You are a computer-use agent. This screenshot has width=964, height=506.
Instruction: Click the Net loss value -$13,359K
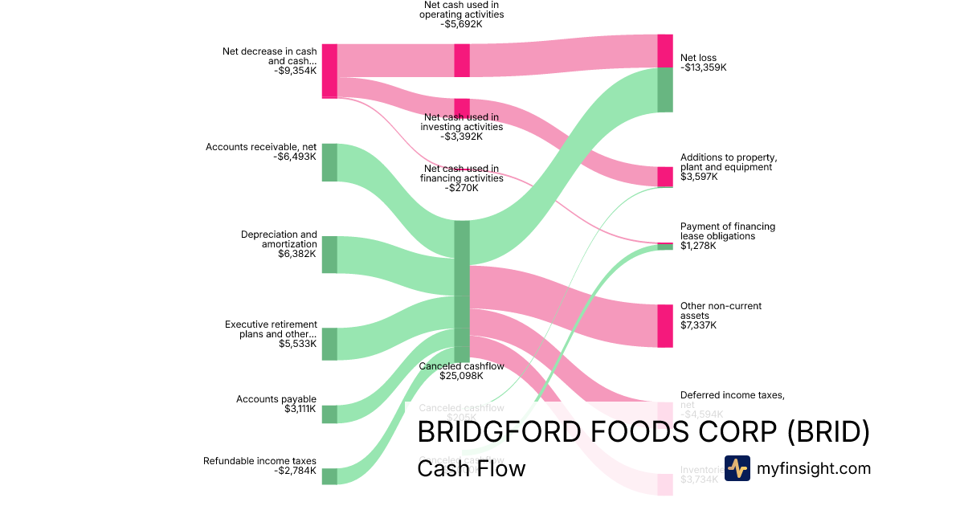pyautogui.click(x=704, y=67)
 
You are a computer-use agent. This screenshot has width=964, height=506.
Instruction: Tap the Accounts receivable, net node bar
pyautogui.click(x=329, y=162)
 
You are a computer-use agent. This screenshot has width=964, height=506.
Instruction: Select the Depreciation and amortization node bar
pyautogui.click(x=329, y=255)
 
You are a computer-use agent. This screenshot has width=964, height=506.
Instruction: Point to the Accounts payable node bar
pyautogui.click(x=329, y=414)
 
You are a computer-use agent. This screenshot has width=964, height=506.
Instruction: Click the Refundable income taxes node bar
pyautogui.click(x=329, y=476)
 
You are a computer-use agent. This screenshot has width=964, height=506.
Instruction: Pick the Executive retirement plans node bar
pyautogui.click(x=329, y=344)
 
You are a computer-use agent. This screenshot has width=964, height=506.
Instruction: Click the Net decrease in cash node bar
pyautogui.click(x=329, y=71)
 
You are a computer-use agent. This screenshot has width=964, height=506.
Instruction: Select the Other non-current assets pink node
pyautogui.click(x=665, y=325)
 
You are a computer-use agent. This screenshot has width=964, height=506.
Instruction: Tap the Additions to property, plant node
pyautogui.click(x=665, y=177)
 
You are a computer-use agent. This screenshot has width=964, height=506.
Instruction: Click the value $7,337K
pyautogui.click(x=699, y=325)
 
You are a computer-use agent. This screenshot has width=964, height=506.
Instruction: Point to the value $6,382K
pyautogui.click(x=297, y=254)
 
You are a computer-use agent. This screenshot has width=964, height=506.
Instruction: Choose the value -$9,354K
pyautogui.click(x=295, y=71)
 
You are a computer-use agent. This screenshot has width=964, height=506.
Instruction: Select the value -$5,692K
pyautogui.click(x=462, y=24)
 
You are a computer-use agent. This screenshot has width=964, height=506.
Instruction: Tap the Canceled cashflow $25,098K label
pyautogui.click(x=462, y=370)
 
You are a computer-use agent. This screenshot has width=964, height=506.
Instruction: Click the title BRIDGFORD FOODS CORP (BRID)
pyautogui.click(x=643, y=432)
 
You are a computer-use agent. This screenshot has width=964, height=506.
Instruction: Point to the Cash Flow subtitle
pyautogui.click(x=471, y=468)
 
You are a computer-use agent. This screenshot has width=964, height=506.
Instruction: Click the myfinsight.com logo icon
pyautogui.click(x=737, y=468)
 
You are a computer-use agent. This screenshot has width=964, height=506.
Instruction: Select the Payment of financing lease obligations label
pyautogui.click(x=728, y=231)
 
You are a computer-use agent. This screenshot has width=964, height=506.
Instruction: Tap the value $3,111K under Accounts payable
pyautogui.click(x=300, y=409)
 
